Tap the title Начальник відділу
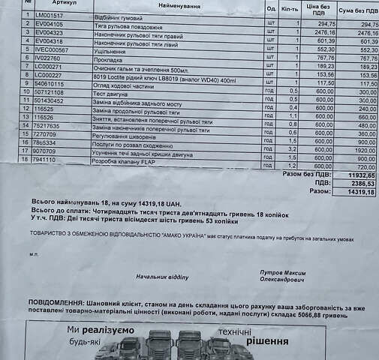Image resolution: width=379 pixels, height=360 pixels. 161,277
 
